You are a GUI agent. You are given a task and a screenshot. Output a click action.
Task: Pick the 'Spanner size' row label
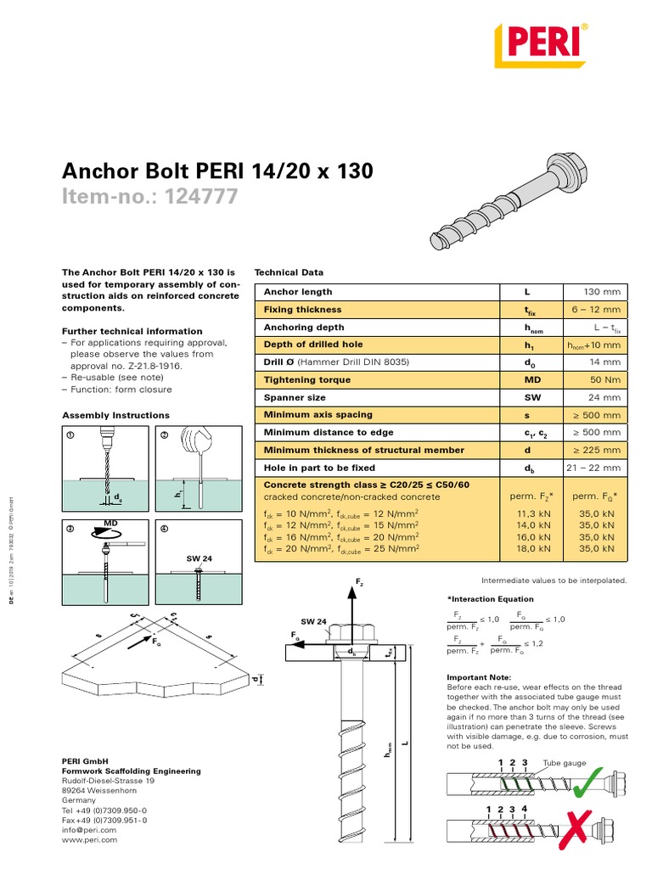click(x=295, y=397)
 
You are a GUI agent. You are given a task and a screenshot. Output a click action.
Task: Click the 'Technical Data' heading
click(x=289, y=272)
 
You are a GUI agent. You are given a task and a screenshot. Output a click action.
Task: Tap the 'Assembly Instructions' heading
click(x=116, y=415)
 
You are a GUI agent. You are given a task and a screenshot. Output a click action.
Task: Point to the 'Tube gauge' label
click(x=565, y=763)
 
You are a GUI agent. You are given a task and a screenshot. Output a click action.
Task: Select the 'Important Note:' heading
click(x=479, y=677)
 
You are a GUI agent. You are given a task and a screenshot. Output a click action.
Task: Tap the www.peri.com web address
click(x=90, y=839)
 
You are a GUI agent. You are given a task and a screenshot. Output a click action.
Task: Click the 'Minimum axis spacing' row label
click(x=318, y=414)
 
